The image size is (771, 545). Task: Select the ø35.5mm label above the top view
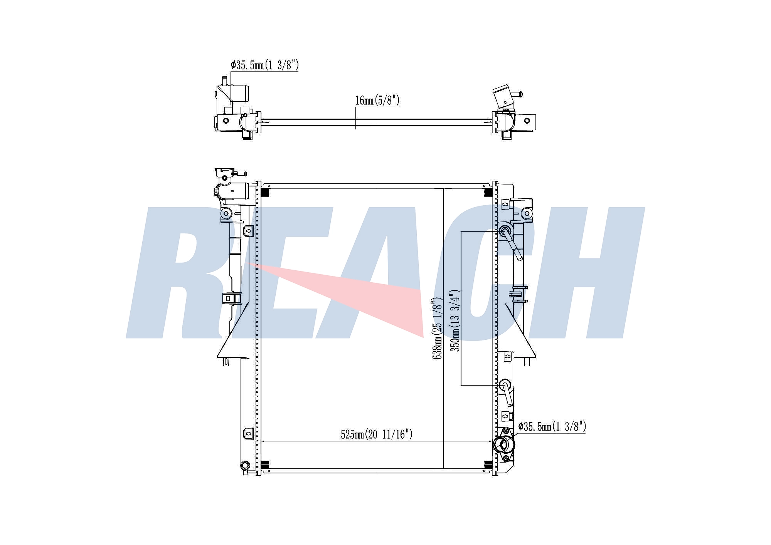tap(264, 65)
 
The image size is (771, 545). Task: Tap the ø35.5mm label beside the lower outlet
tap(552, 426)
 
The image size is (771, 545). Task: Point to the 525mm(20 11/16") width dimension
tap(377, 434)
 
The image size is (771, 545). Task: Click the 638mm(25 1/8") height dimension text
tap(437, 329)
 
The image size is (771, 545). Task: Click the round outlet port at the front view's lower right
tap(504, 445)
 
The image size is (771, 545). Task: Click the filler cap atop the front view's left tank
tap(225, 173)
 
